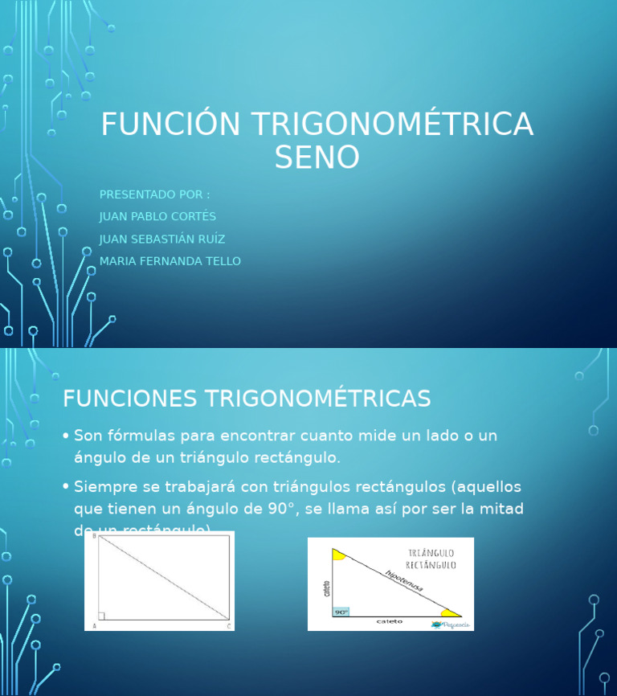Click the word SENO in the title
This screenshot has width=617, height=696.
coord(317,158)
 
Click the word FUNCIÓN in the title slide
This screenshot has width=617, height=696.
coord(170,125)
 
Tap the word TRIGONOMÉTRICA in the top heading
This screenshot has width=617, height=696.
coord(392,125)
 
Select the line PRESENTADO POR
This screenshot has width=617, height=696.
coord(154,194)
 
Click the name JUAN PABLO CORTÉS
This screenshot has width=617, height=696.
coord(157,217)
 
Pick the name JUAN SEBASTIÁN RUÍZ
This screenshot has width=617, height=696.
coord(162,240)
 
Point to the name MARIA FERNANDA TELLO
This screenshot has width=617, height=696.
coord(170,261)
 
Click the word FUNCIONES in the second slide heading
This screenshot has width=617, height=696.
coord(130,399)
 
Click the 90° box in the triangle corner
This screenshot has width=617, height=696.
coord(341,612)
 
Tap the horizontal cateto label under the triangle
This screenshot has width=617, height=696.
coord(390,621)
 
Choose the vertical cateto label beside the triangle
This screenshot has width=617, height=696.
coord(326,588)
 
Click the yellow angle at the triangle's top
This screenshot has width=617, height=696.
coord(338,555)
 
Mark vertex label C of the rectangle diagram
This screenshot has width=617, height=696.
coord(229,625)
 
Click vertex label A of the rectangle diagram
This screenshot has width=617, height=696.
coord(95,625)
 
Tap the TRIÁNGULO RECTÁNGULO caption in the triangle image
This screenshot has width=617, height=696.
coord(431,559)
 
